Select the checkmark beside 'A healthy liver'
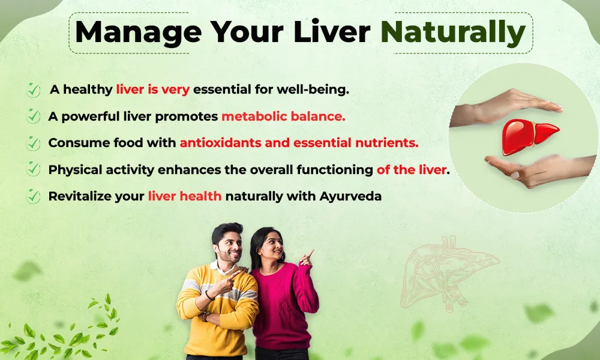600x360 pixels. coord(33,90)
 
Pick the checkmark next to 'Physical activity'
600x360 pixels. coord(33,170)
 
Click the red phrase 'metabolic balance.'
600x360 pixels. coord(283,116)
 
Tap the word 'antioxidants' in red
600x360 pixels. coord(218,143)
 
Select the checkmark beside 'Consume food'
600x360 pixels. coord(33,143)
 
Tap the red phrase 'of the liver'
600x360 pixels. coord(412,170)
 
